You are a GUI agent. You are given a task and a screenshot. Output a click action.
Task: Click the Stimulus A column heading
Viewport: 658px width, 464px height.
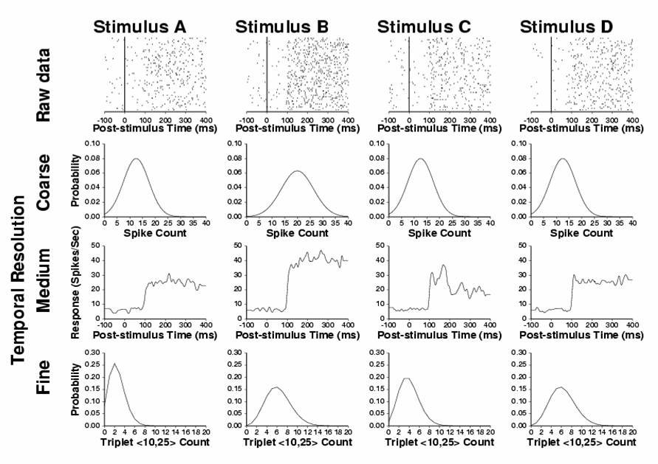click(140, 28)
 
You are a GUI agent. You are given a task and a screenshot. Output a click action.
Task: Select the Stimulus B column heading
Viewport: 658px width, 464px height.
click(282, 28)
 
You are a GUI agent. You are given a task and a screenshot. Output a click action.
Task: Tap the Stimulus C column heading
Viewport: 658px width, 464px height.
click(425, 28)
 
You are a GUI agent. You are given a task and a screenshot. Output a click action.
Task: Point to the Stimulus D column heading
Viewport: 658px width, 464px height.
click(566, 28)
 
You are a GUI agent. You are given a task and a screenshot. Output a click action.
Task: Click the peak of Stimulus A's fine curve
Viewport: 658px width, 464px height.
click(114, 364)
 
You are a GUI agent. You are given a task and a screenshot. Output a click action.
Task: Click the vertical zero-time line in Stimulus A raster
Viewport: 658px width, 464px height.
click(125, 74)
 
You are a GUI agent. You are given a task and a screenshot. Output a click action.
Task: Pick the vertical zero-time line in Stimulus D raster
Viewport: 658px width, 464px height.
click(552, 74)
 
